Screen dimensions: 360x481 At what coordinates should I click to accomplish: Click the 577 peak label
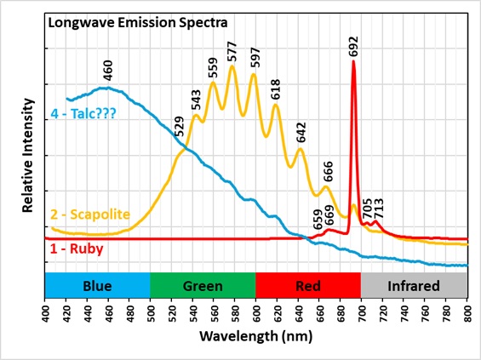click(232, 51)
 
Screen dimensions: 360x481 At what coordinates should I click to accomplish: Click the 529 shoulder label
click(180, 125)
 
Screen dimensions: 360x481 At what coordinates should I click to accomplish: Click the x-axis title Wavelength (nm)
click(256, 336)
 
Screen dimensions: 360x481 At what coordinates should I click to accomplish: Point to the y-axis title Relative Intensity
click(28, 154)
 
